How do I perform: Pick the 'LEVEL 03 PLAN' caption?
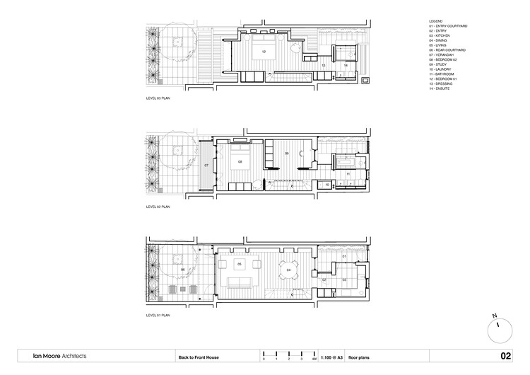click(158, 100)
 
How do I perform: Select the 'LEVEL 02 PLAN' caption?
click(158, 207)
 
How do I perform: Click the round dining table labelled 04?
click(289, 270)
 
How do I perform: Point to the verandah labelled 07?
click(206, 165)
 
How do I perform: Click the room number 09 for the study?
click(287, 154)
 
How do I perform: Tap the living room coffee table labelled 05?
click(239, 265)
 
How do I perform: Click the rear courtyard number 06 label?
click(183, 270)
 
